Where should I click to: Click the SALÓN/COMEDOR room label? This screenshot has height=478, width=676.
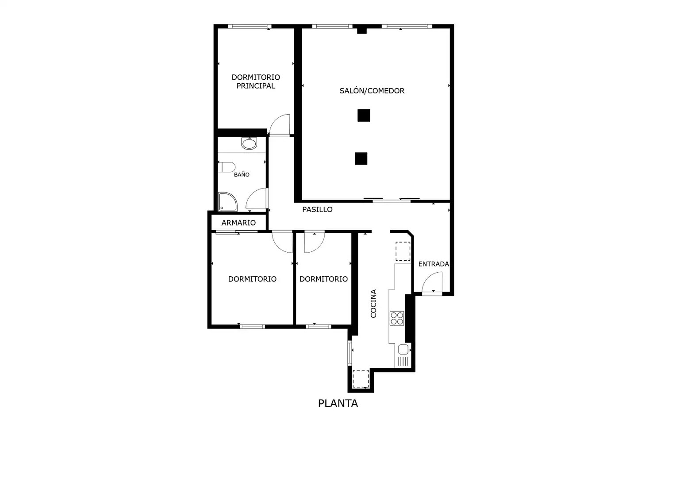[372, 91]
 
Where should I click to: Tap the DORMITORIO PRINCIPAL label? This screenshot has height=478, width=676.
[256, 81]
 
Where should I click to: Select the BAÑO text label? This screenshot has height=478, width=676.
[242, 174]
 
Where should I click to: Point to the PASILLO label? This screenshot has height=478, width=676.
[317, 209]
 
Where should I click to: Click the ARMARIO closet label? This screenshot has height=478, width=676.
[238, 223]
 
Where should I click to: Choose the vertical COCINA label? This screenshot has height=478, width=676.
[373, 304]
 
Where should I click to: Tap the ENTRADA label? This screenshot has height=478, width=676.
[434, 264]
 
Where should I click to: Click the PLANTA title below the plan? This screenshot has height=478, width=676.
[338, 403]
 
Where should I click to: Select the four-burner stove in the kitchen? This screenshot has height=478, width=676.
[397, 318]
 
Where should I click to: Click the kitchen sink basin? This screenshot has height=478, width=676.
[403, 349]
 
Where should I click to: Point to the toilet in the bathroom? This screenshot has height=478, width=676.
[227, 167]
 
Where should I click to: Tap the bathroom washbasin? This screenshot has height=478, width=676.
[249, 143]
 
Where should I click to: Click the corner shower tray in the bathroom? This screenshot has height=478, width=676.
[227, 202]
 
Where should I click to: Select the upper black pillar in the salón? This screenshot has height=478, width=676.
[364, 116]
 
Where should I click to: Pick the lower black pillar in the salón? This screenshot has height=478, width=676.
[361, 158]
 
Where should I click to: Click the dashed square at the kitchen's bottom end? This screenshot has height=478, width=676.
[361, 379]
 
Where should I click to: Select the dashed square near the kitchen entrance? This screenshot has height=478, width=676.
[403, 251]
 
